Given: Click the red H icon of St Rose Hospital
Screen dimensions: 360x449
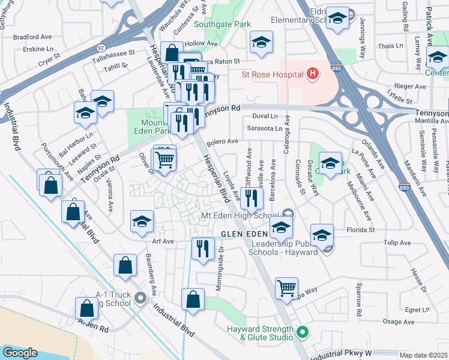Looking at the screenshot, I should tap(312, 74).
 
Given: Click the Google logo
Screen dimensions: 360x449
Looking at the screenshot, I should tap(20, 353).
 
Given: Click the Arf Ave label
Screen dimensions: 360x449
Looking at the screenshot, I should tap(163, 241).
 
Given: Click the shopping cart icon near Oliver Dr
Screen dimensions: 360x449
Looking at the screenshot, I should tap(164, 159).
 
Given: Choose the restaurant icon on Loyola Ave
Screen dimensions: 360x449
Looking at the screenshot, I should tap(252, 197).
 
